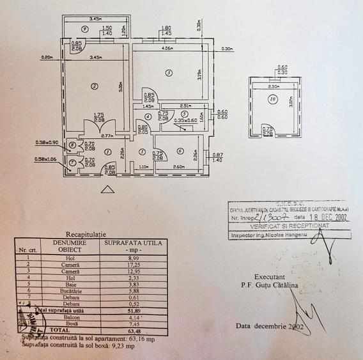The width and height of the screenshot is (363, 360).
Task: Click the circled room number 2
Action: pos(93,86)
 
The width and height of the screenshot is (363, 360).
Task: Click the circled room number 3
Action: pos(168,73)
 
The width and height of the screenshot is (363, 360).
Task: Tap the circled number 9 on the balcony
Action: pos(84,29)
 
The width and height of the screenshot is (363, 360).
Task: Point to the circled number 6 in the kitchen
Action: pos(180,152)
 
